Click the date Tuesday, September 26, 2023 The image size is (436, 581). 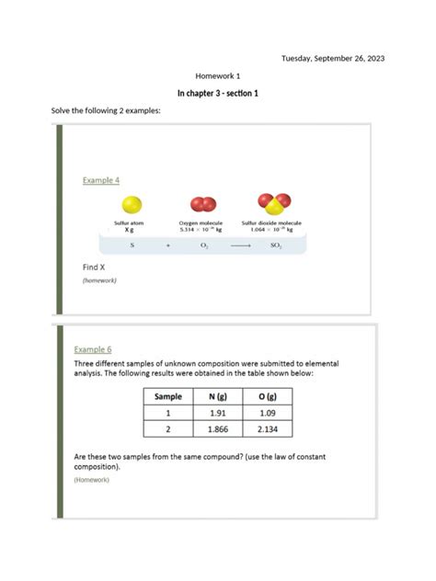[333, 58]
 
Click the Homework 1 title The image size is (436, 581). [218, 75]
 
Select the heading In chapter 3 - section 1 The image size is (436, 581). [218, 94]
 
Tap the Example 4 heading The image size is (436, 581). [101, 180]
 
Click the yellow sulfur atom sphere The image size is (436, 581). [132, 204]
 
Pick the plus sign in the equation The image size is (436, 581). [168, 246]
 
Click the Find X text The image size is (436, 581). [96, 268]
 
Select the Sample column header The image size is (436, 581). [168, 396]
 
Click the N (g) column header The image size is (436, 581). [218, 396]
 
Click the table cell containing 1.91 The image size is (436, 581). [218, 413]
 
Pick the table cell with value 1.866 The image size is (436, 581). [218, 428]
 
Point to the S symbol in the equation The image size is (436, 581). [132, 246]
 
